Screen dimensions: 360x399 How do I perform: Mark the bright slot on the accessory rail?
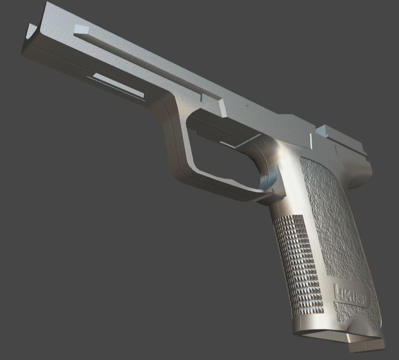point(118,85)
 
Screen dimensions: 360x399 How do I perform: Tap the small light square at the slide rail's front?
point(81,29)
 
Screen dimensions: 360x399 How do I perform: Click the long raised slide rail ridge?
point(145,66)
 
